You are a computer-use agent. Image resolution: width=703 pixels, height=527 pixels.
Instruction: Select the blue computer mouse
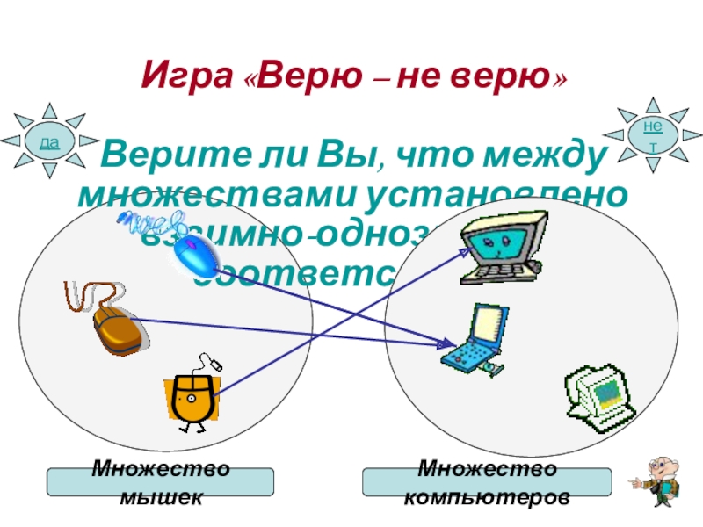[195, 256]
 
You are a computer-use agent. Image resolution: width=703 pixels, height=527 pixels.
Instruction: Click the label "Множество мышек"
[160, 482]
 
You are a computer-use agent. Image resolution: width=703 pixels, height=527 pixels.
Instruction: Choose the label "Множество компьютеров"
[487, 482]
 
